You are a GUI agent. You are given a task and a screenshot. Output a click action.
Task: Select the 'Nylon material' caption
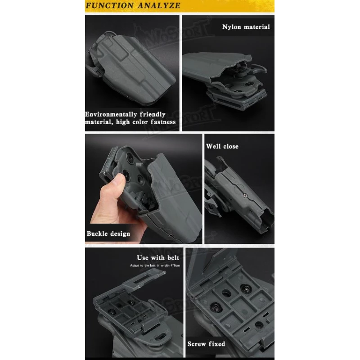coord(246,27)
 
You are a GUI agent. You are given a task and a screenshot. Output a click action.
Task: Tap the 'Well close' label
coord(222,146)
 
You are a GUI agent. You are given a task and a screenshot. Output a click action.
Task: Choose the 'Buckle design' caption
coord(108,234)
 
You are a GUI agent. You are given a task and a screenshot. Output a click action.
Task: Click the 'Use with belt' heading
coord(158,258)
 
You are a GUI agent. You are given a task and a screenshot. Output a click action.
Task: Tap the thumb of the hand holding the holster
coord(119,181)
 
